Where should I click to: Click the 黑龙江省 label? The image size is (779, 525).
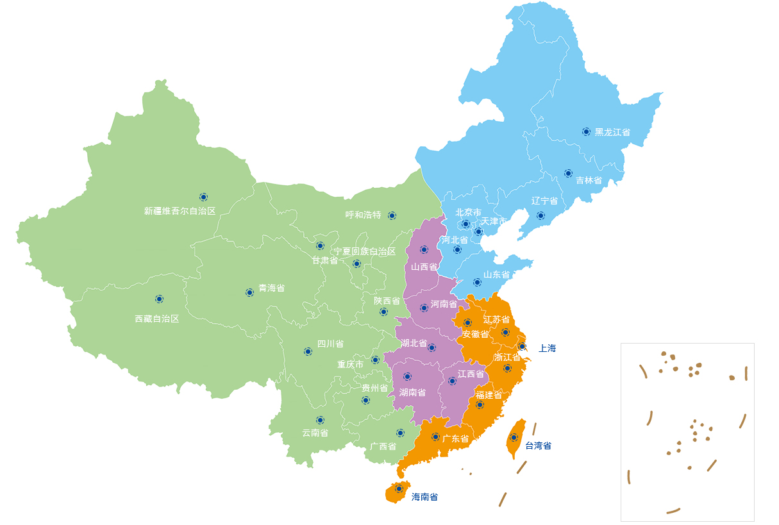click(612, 132)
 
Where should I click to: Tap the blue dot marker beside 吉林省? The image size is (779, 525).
click(568, 173)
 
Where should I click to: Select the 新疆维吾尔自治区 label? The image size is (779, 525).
click(180, 211)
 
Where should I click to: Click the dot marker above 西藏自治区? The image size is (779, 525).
click(159, 299)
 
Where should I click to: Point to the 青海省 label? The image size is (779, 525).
click(271, 288)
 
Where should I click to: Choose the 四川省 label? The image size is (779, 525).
click(330, 344)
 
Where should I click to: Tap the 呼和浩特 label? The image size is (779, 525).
click(363, 215)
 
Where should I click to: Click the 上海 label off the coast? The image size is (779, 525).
click(547, 348)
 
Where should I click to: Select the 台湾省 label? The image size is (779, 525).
click(538, 446)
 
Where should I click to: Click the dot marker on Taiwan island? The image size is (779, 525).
click(514, 437)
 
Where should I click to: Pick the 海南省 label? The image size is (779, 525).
click(424, 497)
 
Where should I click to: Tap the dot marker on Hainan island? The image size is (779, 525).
click(399, 488)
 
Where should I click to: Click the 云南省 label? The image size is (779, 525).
click(315, 433)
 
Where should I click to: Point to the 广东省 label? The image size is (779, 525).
click(455, 439)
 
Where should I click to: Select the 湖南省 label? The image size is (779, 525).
click(412, 392)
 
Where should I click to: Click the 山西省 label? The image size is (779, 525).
click(424, 267)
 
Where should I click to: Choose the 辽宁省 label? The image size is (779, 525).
click(544, 201)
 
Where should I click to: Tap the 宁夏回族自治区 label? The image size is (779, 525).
click(365, 251)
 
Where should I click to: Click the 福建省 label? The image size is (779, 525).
click(489, 394)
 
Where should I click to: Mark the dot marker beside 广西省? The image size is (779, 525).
click(400, 433)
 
